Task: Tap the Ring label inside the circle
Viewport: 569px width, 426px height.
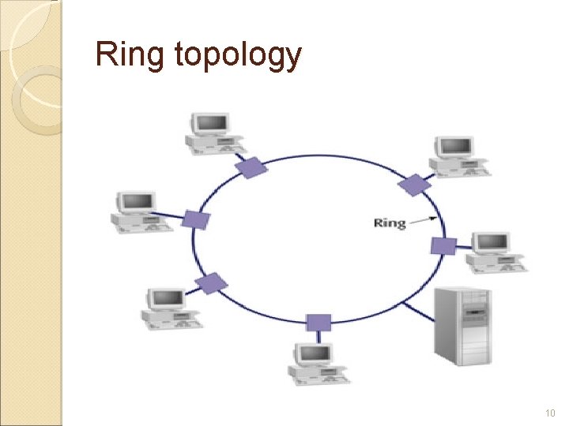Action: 389,222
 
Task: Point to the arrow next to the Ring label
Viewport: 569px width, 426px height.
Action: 424,219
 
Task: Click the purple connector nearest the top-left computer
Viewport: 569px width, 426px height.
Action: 251,166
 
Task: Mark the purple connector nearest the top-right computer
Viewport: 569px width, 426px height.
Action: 413,185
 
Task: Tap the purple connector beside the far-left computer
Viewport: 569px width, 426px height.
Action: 195,219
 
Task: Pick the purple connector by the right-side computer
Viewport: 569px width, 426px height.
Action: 443,245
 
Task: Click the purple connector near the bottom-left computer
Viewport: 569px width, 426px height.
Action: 211,282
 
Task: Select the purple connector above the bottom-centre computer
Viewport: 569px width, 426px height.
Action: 318,322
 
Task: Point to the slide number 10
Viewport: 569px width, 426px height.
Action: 550,413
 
